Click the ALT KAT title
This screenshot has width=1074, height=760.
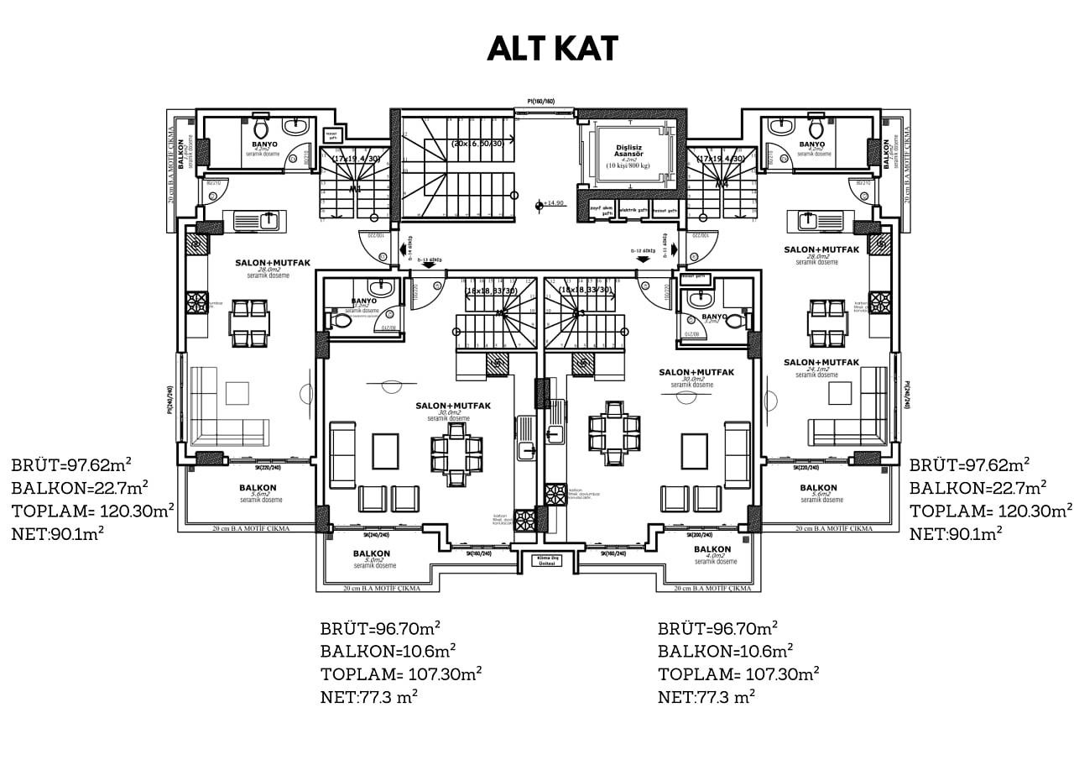[x=553, y=49]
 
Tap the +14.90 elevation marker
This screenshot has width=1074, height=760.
[x=552, y=203]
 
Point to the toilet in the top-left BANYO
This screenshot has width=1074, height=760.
[x=260, y=129]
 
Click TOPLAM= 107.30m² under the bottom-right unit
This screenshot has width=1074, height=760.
[x=738, y=674]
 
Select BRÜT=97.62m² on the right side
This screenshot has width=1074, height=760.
[x=970, y=464]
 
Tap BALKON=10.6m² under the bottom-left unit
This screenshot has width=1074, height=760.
[x=388, y=650]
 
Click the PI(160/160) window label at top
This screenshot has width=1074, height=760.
[x=535, y=102]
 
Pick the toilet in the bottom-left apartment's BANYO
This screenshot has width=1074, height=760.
[x=342, y=321]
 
